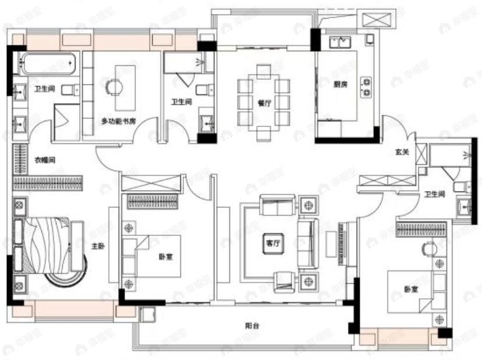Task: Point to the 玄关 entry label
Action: pos(402,153)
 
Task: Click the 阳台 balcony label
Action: pos(252,327)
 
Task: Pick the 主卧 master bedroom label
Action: pos(97,247)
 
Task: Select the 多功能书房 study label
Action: pos(118,122)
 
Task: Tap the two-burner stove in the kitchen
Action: pos(367,86)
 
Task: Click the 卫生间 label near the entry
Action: pos(434,195)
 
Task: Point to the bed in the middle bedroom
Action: pos(156,256)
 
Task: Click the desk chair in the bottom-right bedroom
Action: pos(428,249)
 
